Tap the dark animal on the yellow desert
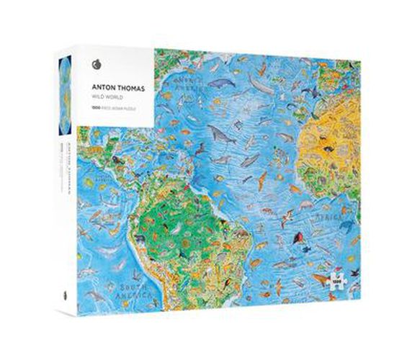[329, 149]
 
